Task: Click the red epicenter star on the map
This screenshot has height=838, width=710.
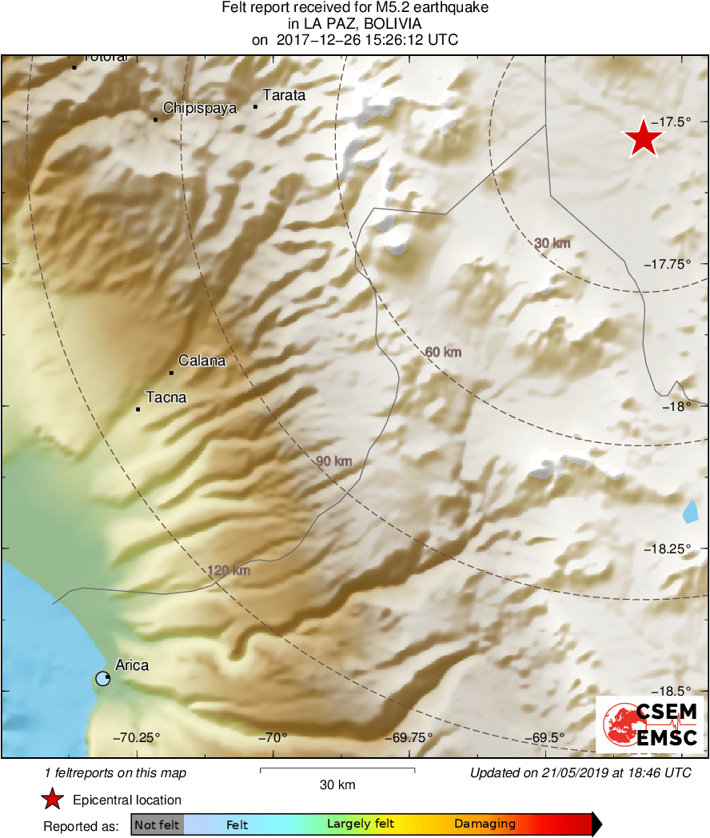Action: click(644, 138)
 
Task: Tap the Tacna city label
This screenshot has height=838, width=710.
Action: click(166, 397)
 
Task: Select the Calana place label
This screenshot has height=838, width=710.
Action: click(201, 361)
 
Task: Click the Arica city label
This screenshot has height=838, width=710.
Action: click(132, 664)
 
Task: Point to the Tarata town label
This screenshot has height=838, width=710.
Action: click(284, 95)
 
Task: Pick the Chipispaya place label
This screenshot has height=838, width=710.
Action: click(200, 108)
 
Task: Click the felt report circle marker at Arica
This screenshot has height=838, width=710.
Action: click(102, 678)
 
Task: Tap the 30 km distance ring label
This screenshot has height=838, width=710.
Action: click(552, 243)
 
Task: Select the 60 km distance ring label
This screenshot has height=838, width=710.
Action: click(443, 352)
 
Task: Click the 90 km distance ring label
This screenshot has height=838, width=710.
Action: click(333, 461)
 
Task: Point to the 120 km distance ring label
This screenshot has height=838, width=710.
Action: click(229, 570)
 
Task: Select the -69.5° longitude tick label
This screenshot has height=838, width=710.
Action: click(546, 737)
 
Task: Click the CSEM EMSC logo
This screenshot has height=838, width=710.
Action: click(649, 724)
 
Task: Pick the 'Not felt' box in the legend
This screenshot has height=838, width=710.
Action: click(158, 824)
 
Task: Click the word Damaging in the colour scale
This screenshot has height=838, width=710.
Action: click(485, 824)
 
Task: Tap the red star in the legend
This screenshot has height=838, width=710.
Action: click(53, 800)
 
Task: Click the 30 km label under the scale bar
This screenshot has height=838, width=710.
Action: click(337, 785)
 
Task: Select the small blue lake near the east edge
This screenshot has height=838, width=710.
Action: click(690, 512)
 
